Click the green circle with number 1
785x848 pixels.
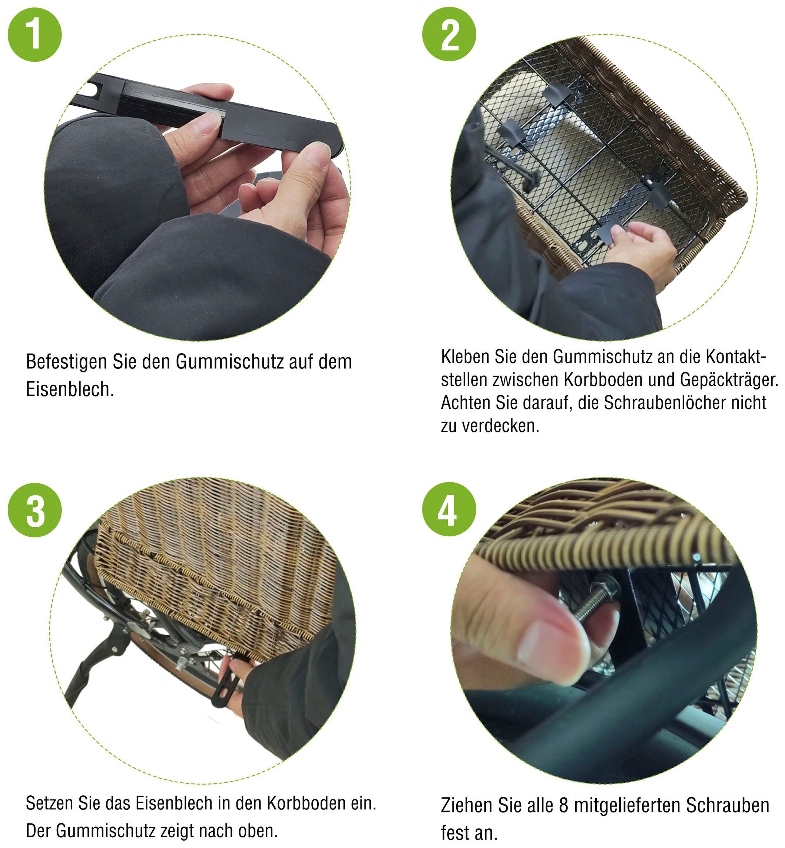click(x=35, y=34)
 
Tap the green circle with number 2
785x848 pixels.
click(x=449, y=34)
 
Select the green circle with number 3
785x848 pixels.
click(x=35, y=510)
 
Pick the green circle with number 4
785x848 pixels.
click(x=449, y=510)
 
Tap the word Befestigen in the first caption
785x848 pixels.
click(x=67, y=362)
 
